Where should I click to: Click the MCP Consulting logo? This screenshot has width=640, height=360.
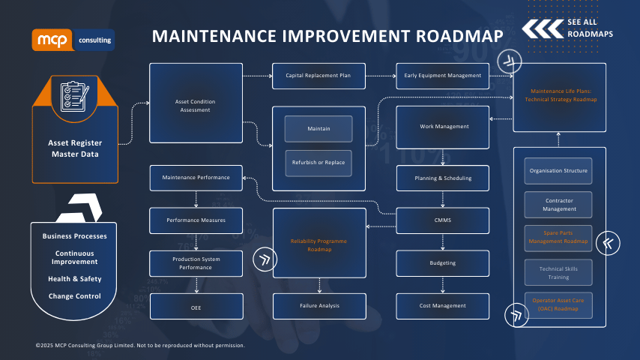[73, 40]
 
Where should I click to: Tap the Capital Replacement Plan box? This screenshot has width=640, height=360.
[319, 75]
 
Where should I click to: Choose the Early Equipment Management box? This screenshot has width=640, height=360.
[442, 75]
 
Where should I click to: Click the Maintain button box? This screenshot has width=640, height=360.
[319, 129]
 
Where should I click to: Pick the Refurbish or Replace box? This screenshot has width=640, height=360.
[319, 163]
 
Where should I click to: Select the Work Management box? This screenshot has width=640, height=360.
[443, 126]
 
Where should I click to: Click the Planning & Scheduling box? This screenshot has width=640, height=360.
[443, 178]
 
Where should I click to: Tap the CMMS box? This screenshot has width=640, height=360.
[443, 220]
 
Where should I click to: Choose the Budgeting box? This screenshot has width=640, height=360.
[443, 263]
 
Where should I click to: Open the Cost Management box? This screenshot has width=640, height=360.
[443, 305]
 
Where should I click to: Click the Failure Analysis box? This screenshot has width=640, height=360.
[319, 305]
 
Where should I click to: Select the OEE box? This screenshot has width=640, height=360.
[196, 305]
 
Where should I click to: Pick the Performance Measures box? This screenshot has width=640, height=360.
[196, 220]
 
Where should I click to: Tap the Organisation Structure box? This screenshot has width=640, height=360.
[558, 170]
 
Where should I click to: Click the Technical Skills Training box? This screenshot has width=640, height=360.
[558, 271]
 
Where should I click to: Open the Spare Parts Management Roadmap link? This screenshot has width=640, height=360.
[558, 237]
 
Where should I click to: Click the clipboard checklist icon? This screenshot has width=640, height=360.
[74, 94]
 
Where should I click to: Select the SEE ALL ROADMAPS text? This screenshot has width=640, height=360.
[592, 28]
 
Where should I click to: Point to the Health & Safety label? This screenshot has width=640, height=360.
[74, 279]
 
